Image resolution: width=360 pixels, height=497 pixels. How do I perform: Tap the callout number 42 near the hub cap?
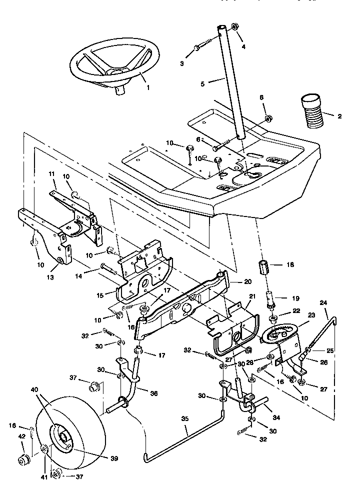coord(21,436)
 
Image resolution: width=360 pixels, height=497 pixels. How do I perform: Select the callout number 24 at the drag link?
coord(323,303)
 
